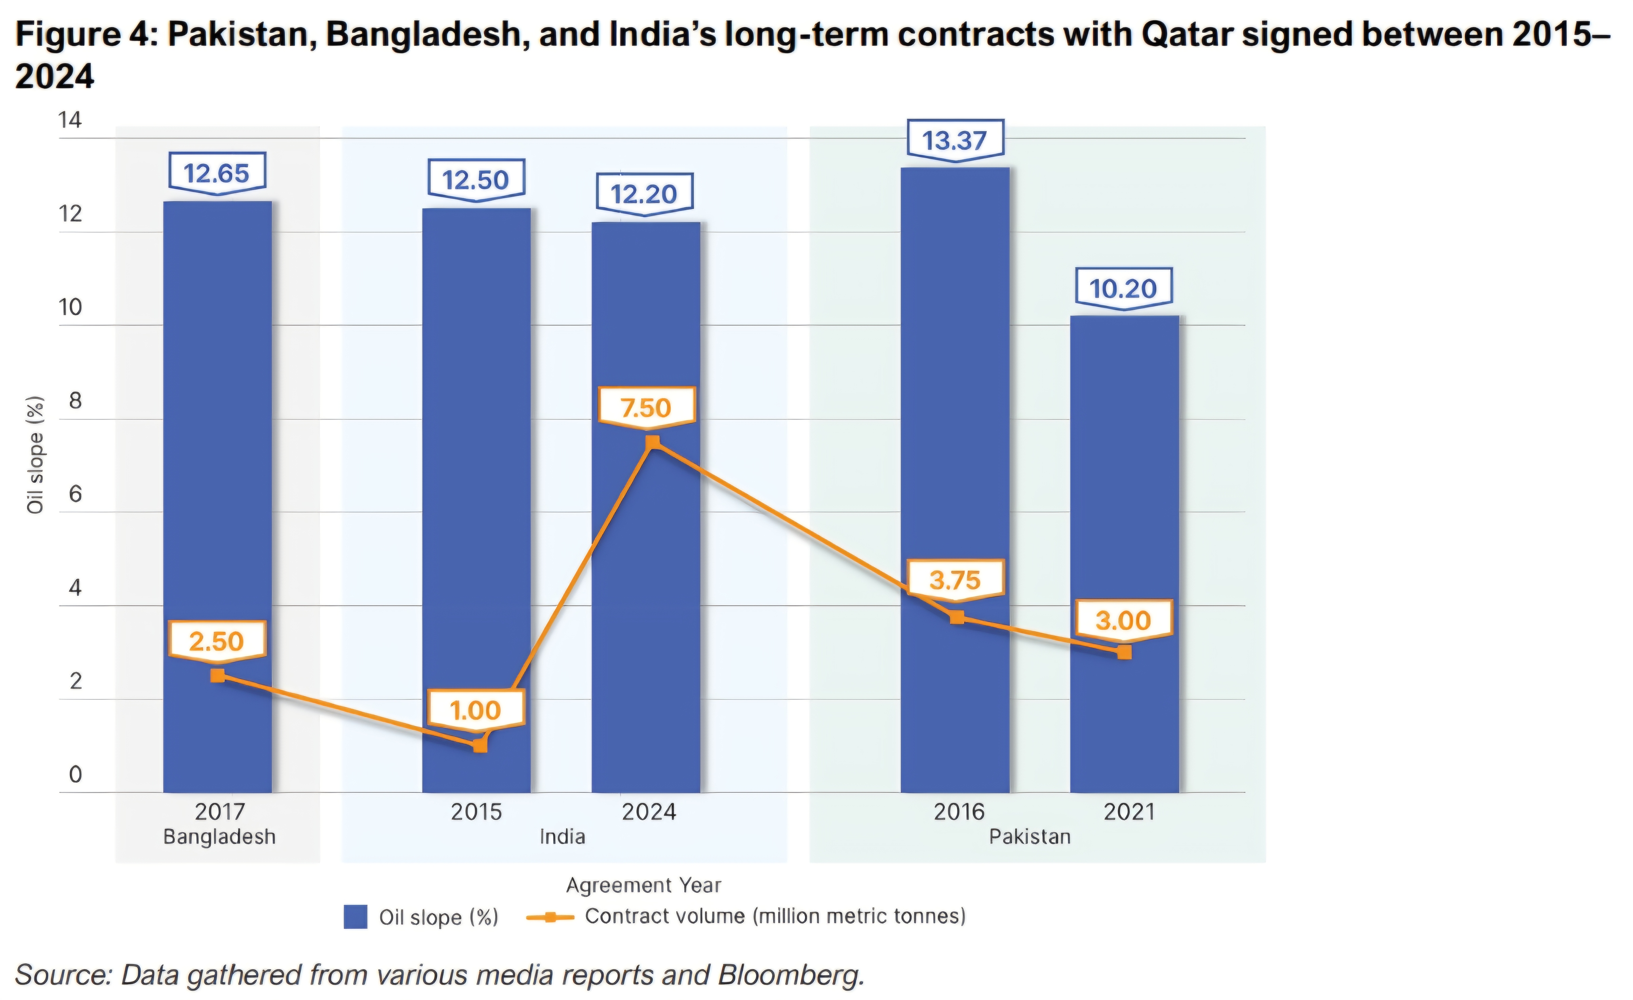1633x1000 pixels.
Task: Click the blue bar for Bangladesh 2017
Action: pyautogui.click(x=217, y=497)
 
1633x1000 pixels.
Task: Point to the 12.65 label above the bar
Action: pyautogui.click(x=217, y=174)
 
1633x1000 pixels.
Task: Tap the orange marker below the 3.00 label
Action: pyautogui.click(x=1124, y=652)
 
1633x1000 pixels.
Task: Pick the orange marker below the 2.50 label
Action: pyautogui.click(x=217, y=676)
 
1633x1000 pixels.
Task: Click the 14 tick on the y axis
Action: pyautogui.click(x=70, y=121)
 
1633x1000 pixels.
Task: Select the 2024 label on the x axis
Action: pyautogui.click(x=649, y=812)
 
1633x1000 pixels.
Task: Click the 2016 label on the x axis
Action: pyautogui.click(x=959, y=812)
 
